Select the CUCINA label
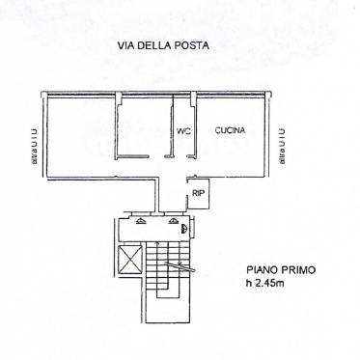[230, 130]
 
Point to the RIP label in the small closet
[198, 194]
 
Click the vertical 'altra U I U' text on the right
[283, 145]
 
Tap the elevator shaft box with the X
[128, 257]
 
